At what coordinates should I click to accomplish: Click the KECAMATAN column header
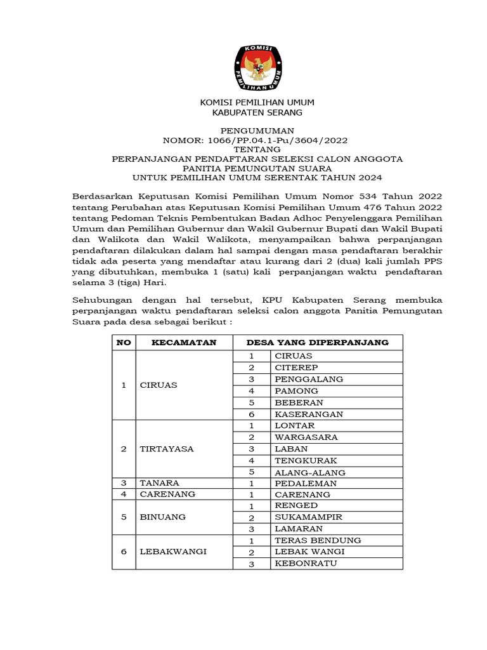[184, 342]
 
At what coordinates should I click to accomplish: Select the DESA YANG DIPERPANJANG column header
[317, 342]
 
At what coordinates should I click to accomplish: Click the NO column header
[124, 342]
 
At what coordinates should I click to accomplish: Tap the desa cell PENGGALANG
[309, 379]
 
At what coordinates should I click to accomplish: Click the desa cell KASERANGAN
[309, 414]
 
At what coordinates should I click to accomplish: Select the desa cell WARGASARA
[306, 437]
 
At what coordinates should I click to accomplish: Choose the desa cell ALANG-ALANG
[309, 472]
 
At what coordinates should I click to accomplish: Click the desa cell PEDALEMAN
[306, 483]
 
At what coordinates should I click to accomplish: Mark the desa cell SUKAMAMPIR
[308, 517]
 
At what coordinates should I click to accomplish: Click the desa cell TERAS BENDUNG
[318, 540]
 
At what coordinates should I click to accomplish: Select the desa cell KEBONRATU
[306, 564]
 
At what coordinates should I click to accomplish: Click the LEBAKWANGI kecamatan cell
[173, 552]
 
